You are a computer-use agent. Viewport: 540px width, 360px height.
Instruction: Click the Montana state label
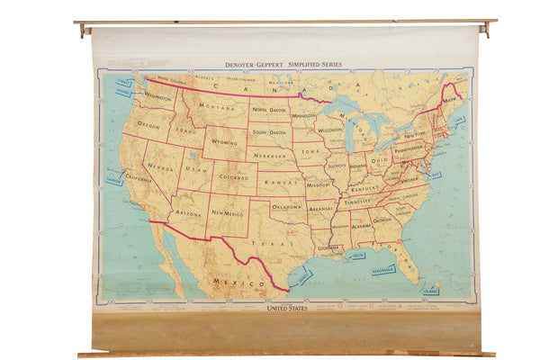[x=216, y=107]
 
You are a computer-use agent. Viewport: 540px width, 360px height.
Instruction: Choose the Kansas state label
[x=281, y=182]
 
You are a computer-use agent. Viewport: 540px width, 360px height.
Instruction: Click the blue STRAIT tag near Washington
[x=124, y=83]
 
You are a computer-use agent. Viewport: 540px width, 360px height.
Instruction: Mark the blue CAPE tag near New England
[x=460, y=119]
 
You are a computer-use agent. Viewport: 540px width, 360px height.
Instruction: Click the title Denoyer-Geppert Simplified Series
[x=283, y=65]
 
